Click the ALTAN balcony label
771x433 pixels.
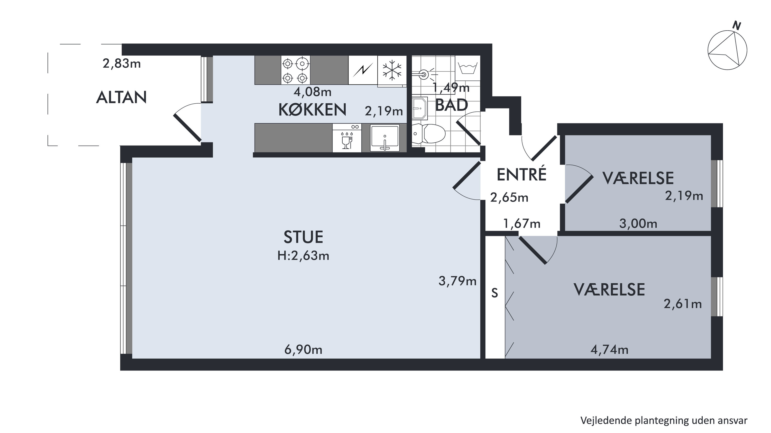(x=121, y=97)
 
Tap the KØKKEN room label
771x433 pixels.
(x=313, y=110)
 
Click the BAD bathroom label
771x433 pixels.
(x=451, y=105)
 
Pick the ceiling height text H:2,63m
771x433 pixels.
(x=303, y=256)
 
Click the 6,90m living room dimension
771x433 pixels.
(x=303, y=349)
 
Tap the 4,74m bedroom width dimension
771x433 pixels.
(x=609, y=349)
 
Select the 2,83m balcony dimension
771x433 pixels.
(x=122, y=64)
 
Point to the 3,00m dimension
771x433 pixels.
(x=638, y=224)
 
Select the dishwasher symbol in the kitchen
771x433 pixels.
(x=347, y=138)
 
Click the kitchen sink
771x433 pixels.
(x=385, y=138)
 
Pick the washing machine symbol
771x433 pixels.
(x=467, y=69)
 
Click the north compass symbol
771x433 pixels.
(x=727, y=48)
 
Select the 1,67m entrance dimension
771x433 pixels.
(x=522, y=224)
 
